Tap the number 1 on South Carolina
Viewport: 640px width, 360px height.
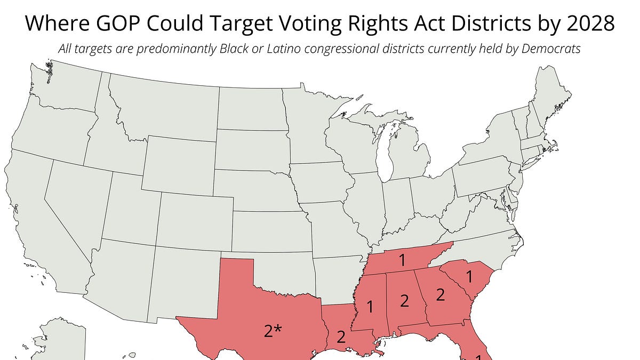point(469,277)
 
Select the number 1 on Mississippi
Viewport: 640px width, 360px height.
point(369,307)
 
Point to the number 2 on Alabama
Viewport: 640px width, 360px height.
point(404,301)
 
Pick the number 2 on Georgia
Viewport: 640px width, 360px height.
point(441,294)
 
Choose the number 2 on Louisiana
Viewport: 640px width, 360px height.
point(341,337)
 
